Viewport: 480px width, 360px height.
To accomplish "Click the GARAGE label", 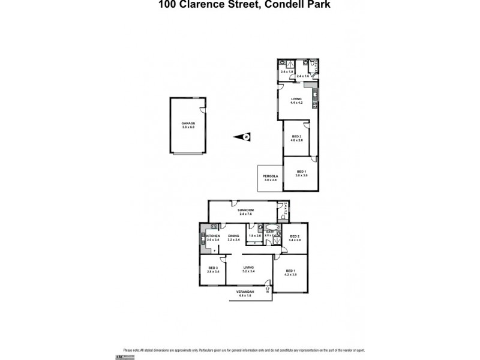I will (x=188, y=124).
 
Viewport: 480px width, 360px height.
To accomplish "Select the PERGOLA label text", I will (x=269, y=176).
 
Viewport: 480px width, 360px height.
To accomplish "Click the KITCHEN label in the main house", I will (x=213, y=236).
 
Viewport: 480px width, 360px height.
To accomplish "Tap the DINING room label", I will (x=233, y=236).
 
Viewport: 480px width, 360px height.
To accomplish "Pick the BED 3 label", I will (x=212, y=268).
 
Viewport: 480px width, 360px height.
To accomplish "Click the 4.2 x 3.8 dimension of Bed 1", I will (x=290, y=274).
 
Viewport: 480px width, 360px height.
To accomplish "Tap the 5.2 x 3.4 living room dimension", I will (x=248, y=271).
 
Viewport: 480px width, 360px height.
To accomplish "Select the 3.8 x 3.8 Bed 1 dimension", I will (x=301, y=175).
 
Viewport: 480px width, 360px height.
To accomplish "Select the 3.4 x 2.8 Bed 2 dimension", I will (x=295, y=240).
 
